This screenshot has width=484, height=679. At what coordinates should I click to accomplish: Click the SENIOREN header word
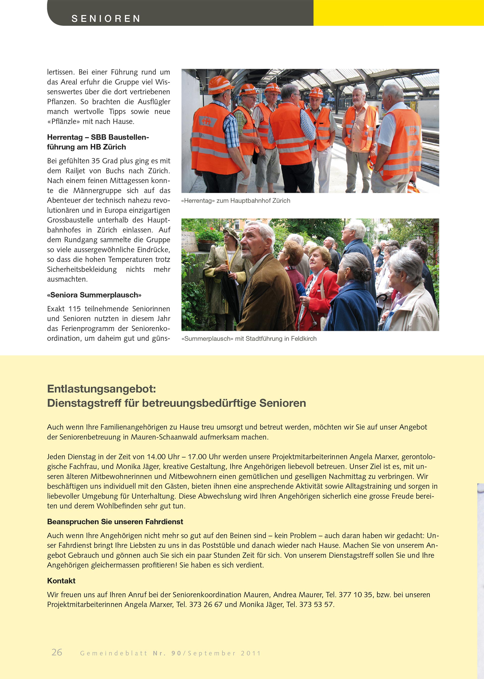(x=106, y=18)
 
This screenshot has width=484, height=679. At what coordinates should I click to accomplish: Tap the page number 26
(x=57, y=652)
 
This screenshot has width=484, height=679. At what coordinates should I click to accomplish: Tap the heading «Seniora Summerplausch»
(x=94, y=295)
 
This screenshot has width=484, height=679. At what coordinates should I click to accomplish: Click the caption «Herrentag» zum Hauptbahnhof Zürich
(x=235, y=201)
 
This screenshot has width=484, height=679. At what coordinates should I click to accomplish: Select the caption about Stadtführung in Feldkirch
(x=249, y=339)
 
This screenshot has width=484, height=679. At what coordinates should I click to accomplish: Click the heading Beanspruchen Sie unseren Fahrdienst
(x=115, y=522)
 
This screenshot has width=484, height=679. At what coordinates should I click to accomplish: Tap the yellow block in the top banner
(x=399, y=13)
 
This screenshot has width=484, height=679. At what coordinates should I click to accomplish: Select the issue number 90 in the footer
(x=176, y=653)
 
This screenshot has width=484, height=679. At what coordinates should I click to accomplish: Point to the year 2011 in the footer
(x=251, y=653)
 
